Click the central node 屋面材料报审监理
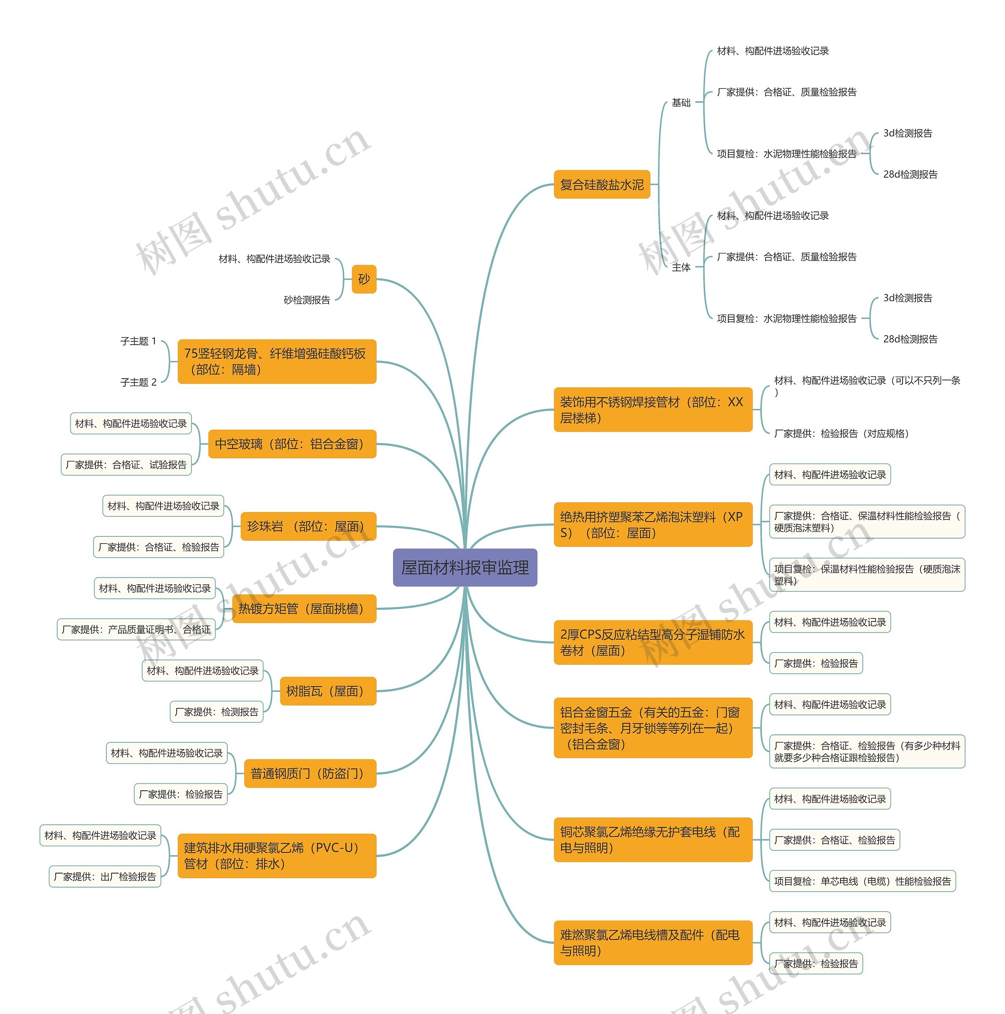[x=465, y=567]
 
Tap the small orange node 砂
[x=364, y=279]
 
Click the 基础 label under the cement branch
[x=681, y=102]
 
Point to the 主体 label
[x=681, y=267]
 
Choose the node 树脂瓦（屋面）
[x=328, y=691]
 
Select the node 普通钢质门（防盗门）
[x=310, y=773]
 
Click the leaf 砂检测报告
[x=307, y=300]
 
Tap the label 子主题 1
[x=138, y=341]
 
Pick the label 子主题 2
[x=138, y=382]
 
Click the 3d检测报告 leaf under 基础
[x=907, y=133]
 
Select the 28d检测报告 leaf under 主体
[x=910, y=339]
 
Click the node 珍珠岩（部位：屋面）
[x=308, y=526]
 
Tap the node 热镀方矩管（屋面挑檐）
[x=304, y=608]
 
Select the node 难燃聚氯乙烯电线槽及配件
[x=653, y=943]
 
